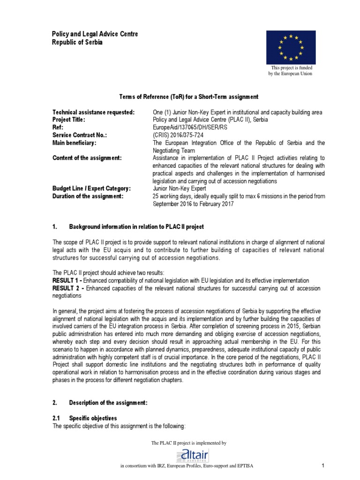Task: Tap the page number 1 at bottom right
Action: point(323,465)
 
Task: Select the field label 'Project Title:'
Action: point(69,120)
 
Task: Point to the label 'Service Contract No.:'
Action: point(80,135)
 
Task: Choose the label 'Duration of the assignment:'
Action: point(88,196)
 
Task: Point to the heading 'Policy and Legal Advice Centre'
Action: point(95,34)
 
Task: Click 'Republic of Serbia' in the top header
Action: point(76,42)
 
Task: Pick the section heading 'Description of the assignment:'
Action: point(108,403)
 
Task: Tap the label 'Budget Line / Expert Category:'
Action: point(91,188)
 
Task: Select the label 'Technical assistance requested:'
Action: point(94,112)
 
